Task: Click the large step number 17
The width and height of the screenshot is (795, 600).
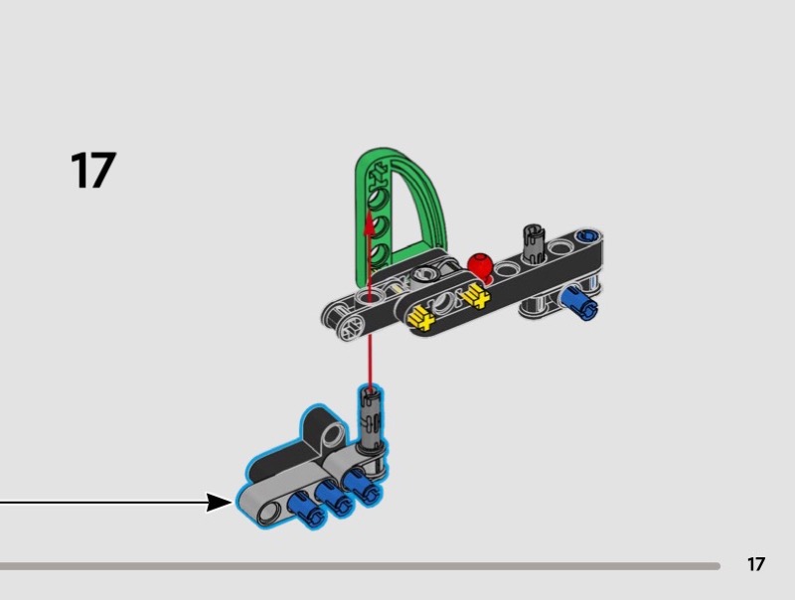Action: (x=93, y=170)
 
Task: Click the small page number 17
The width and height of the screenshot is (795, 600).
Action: (x=755, y=564)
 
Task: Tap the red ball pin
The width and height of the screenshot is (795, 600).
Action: (x=480, y=266)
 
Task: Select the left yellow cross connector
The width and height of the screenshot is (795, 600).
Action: (x=420, y=318)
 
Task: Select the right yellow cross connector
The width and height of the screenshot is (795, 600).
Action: (x=477, y=296)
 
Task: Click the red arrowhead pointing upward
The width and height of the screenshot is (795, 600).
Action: (x=370, y=223)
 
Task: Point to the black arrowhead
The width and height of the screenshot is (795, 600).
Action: (x=219, y=503)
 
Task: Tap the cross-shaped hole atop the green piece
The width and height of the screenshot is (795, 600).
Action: (x=378, y=175)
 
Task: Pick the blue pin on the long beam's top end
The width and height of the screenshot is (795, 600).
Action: (x=588, y=235)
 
